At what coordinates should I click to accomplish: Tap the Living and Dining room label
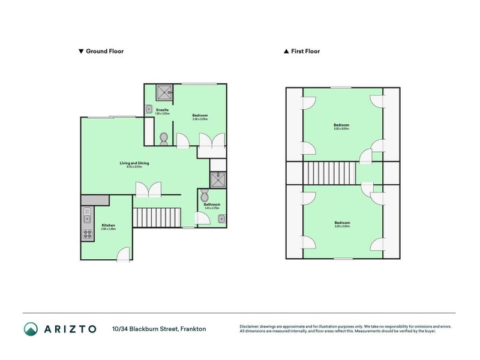coord(134,164)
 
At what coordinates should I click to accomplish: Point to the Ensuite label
coord(162,110)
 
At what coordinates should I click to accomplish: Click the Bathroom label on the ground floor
coord(212,205)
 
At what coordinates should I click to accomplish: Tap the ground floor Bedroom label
coord(200,116)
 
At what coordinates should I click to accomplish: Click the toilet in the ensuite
coord(164,138)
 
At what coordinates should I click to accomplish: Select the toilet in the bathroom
coord(205,196)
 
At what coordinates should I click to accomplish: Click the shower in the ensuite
coord(164,92)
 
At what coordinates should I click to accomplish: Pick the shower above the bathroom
coord(217,179)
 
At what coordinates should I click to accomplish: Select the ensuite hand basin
coord(148,109)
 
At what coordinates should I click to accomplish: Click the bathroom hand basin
coord(221,218)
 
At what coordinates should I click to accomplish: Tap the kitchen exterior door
coord(124,255)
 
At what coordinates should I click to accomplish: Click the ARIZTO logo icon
coord(31,329)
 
